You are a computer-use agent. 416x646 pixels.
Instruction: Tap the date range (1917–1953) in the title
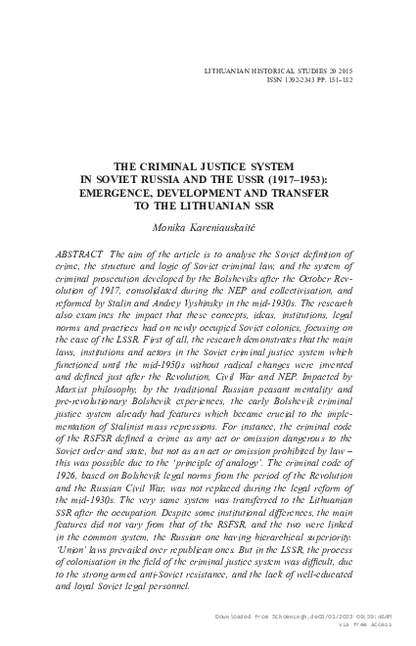coord(302,180)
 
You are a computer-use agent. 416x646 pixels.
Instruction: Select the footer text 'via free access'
coord(363,626)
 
